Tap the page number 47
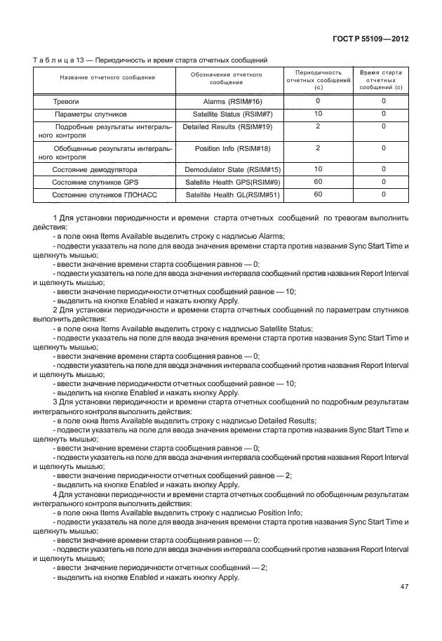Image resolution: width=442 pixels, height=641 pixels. click(403, 587)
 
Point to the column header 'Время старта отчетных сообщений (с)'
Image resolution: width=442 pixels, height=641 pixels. click(380, 80)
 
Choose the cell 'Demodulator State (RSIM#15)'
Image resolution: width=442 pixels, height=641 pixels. click(232, 170)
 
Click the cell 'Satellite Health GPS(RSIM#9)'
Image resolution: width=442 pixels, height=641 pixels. click(232, 182)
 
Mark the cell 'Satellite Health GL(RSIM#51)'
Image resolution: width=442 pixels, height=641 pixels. click(232, 194)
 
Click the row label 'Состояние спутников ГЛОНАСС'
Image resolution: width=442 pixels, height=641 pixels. click(102, 194)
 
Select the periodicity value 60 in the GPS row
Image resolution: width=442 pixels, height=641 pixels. click(318, 181)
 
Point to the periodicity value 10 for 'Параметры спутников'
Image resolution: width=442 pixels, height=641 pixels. click(318, 113)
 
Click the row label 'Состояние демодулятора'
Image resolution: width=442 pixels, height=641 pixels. click(95, 170)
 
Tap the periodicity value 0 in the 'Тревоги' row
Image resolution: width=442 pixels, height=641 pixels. click(318, 101)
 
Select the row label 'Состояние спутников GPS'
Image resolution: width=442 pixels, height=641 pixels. click(95, 182)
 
